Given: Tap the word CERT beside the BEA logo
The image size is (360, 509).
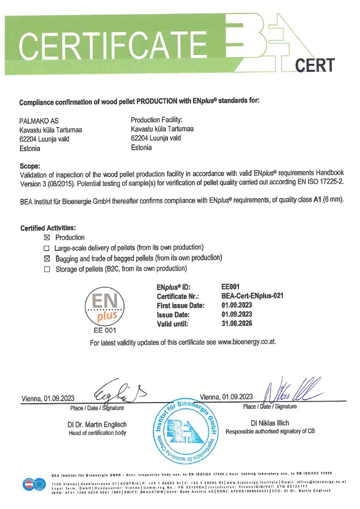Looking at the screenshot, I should [315, 65].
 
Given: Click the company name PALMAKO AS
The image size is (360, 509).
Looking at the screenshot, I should [38, 120].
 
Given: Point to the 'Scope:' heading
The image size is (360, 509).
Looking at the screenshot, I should [30, 166].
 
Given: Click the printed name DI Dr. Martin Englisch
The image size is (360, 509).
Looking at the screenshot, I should [97, 424].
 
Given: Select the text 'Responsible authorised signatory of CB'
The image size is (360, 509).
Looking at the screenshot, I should [274, 432].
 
